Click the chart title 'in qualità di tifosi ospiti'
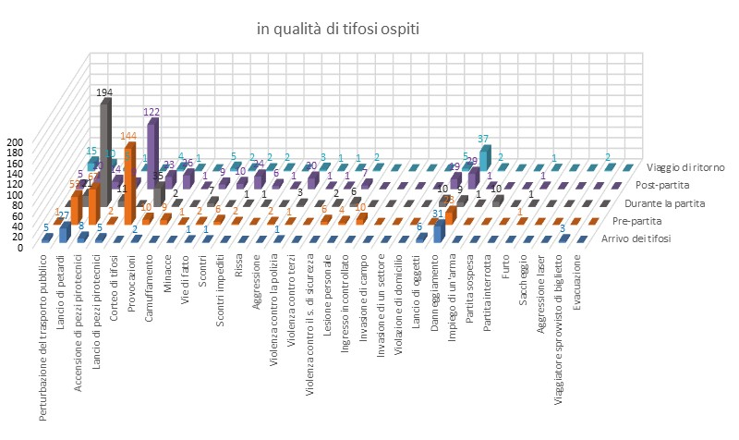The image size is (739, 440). (x=338, y=30)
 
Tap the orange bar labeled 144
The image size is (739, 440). (x=129, y=176)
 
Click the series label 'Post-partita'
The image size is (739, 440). (x=683, y=185)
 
